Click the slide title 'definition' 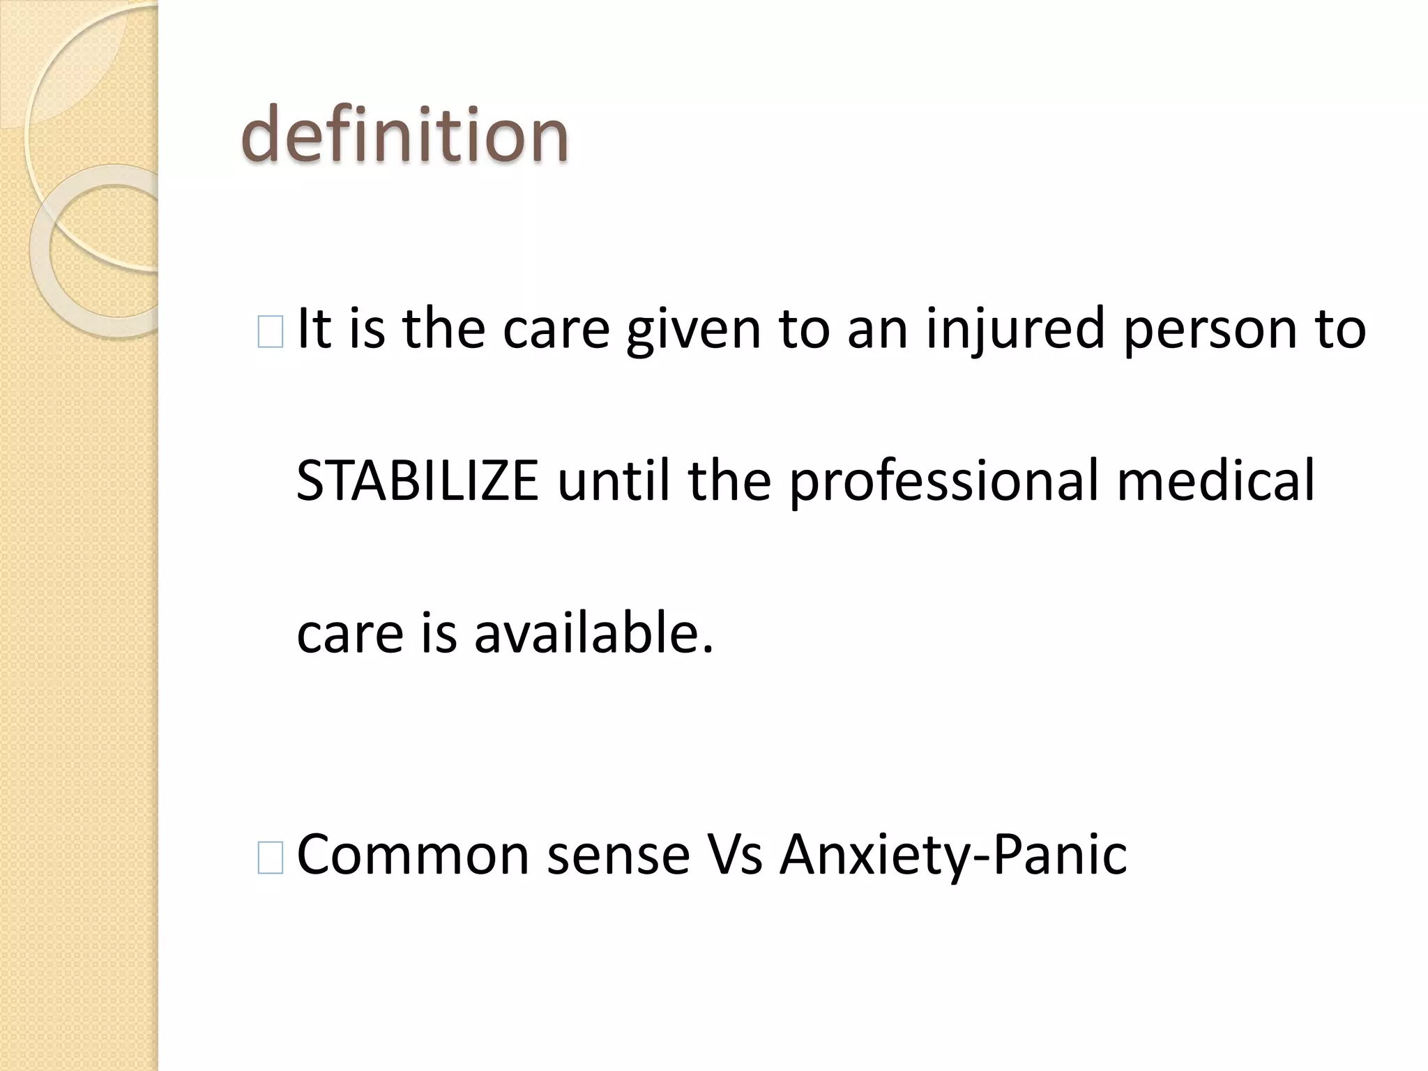(x=404, y=135)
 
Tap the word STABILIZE (x=417, y=481)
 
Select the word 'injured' (x=1015, y=329)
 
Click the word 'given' (x=693, y=329)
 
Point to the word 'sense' (x=618, y=855)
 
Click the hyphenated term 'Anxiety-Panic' (x=952, y=855)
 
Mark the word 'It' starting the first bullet (x=314, y=329)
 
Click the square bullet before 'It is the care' (x=270, y=332)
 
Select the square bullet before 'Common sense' (x=270, y=858)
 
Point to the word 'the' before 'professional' (x=729, y=481)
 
